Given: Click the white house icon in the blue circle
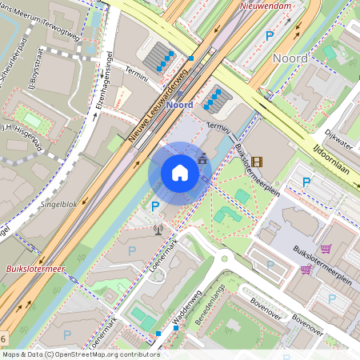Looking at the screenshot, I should (x=180, y=173).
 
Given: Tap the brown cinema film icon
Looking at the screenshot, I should (x=256, y=162).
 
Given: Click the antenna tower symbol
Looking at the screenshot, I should (x=157, y=230).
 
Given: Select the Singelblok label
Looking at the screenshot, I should (x=58, y=206).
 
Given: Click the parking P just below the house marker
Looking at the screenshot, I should (x=155, y=206).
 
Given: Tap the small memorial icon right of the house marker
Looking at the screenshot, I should (x=202, y=159).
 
